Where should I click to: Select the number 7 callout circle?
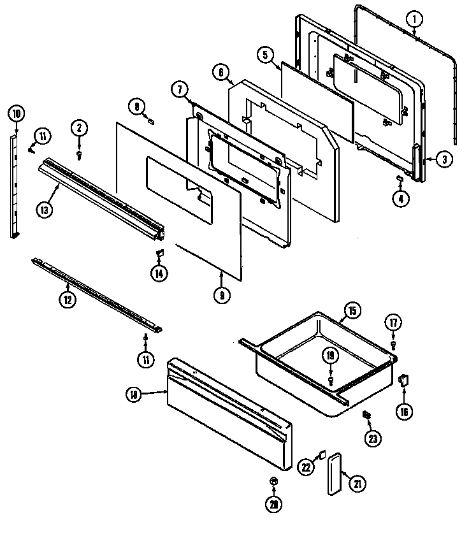coord(180,90)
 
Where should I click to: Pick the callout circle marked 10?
coord(17,115)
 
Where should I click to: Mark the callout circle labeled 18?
coord(133,395)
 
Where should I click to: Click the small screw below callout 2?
coord(79,154)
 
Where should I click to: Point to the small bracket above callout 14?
coord(159,255)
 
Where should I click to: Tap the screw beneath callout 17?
coord(393,345)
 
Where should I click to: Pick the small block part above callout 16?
coord(403,380)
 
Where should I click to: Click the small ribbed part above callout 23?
coord(367,415)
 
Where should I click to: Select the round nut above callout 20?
coord(273,480)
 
